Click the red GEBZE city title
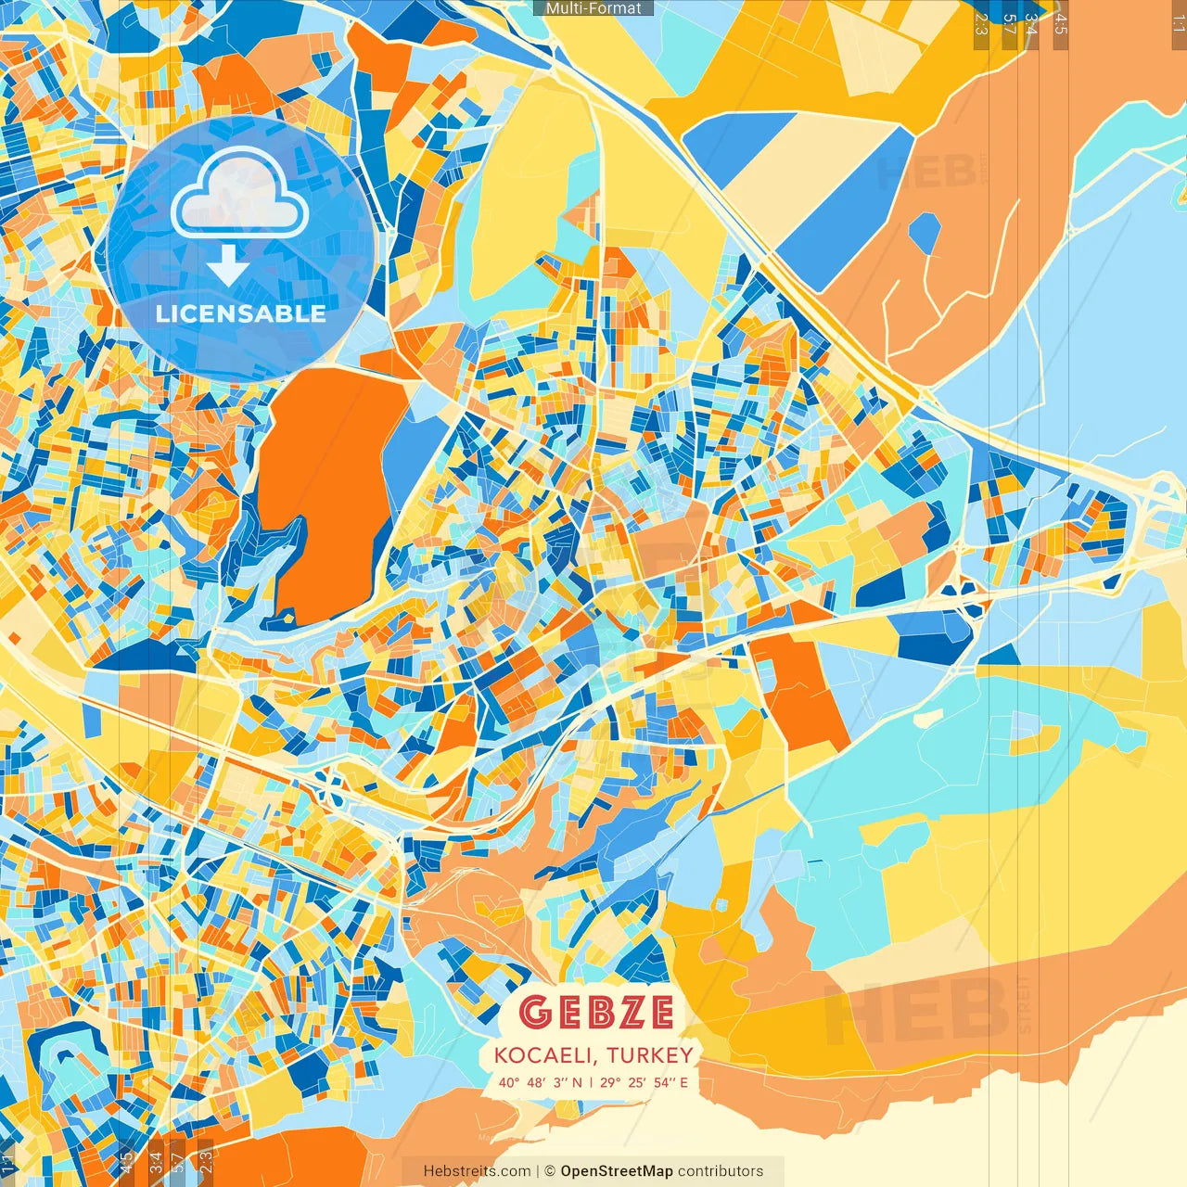[x=595, y=1012]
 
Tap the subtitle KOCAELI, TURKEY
[x=593, y=1055]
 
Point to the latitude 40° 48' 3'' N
[x=540, y=1082]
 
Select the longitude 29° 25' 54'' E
[x=645, y=1082]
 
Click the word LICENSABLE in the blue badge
[x=240, y=313]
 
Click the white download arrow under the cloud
[x=227, y=265]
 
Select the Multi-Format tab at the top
[x=593, y=8]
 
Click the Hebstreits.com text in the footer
[x=477, y=1171]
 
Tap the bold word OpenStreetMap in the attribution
[x=616, y=1171]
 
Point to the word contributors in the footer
[x=721, y=1171]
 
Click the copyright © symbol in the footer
[x=549, y=1171]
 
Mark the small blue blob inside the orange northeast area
[x=924, y=233]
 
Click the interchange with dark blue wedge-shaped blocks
[x=963, y=587]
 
